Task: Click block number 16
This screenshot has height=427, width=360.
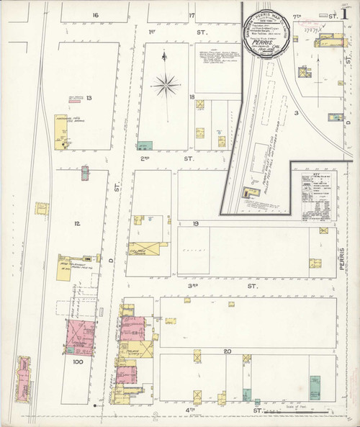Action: click(95, 14)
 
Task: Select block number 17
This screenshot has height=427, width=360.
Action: click(192, 14)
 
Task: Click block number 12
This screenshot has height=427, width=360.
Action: click(76, 223)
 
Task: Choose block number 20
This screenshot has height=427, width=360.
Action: click(227, 351)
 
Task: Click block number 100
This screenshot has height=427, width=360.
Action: click(78, 363)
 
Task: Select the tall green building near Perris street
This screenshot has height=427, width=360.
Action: click(315, 387)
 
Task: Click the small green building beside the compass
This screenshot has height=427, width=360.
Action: click(145, 145)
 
